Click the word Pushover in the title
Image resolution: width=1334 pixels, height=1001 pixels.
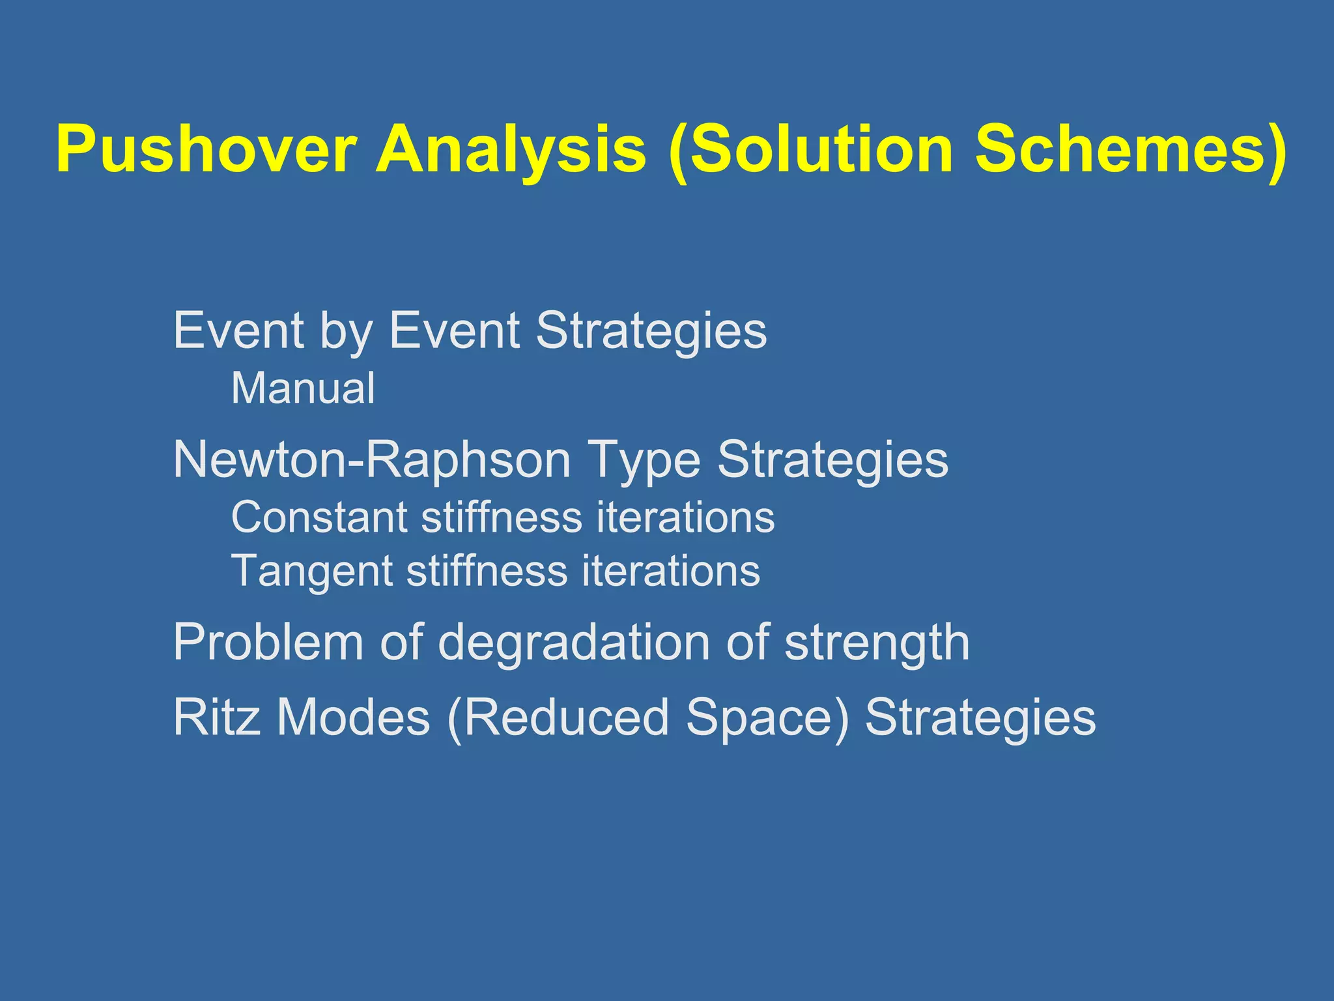(x=206, y=150)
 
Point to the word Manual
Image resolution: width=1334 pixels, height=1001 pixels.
(x=303, y=388)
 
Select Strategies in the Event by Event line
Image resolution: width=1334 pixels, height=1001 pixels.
(x=651, y=331)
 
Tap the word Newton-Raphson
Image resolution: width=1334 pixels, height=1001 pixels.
(x=372, y=460)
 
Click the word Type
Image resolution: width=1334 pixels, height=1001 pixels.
(x=644, y=460)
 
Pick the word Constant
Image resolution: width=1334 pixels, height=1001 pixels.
(x=319, y=517)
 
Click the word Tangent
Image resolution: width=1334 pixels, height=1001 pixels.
(x=311, y=571)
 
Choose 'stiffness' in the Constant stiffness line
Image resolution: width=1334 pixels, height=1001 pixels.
(x=502, y=517)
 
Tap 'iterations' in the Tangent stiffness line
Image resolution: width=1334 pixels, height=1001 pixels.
(x=671, y=571)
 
